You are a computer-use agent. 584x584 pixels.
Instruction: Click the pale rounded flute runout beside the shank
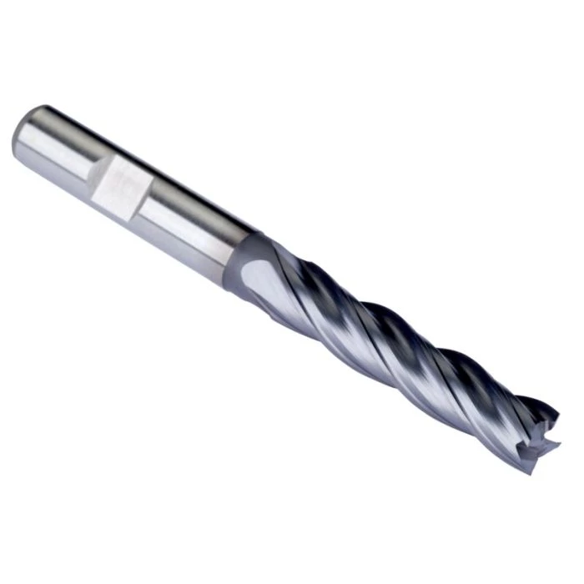(x=250, y=275)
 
